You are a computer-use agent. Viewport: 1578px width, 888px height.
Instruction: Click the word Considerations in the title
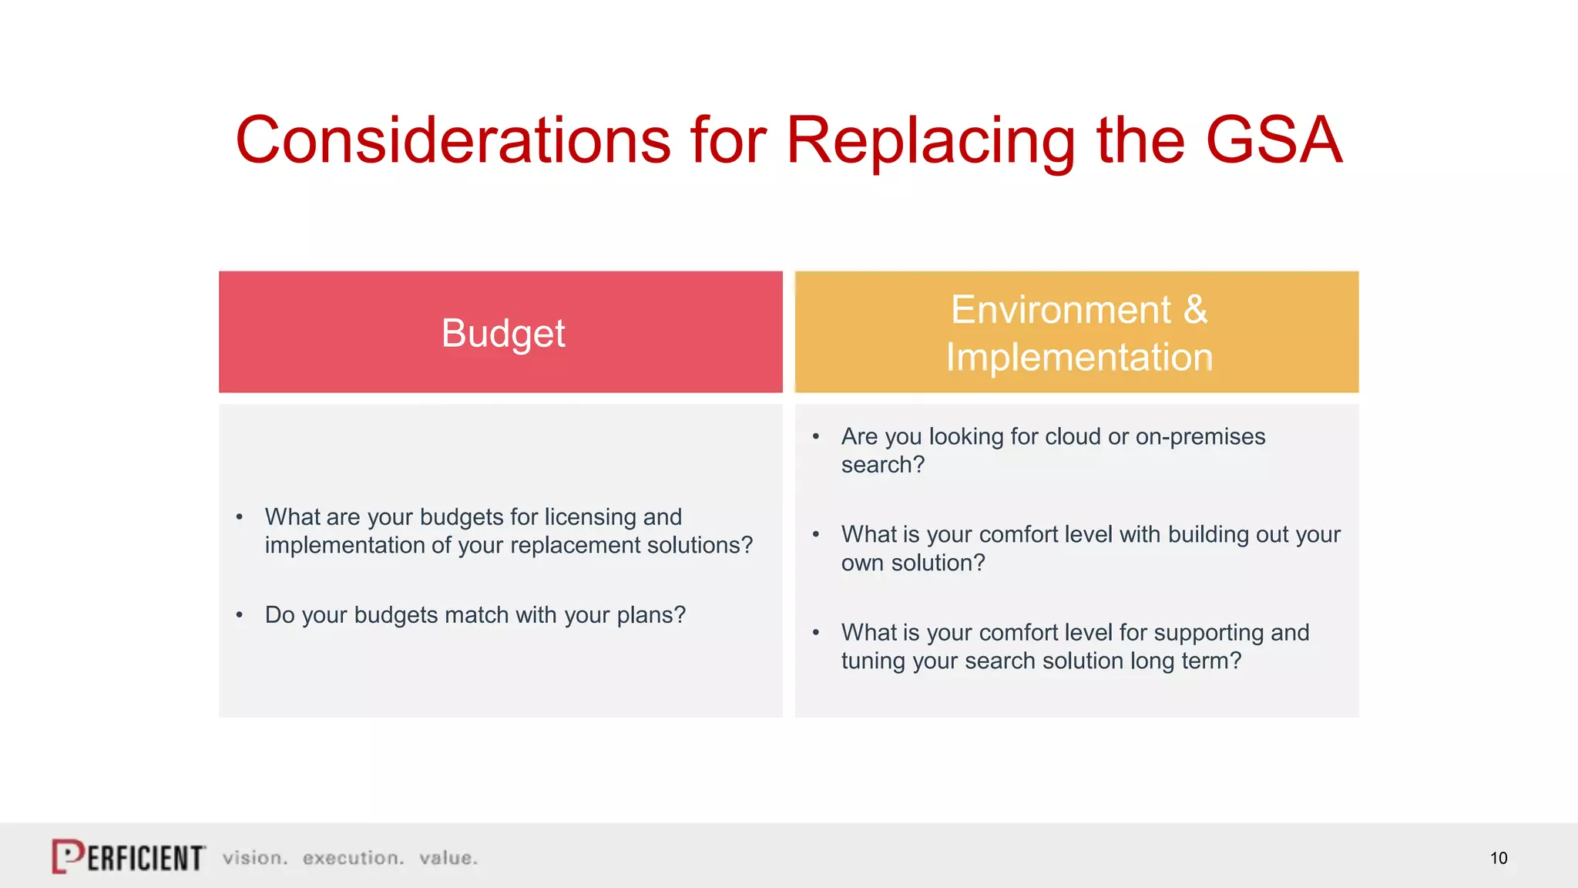pos(453,140)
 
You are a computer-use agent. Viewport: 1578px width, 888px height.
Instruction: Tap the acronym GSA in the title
pos(1274,140)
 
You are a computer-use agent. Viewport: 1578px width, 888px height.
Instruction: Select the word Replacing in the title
pos(930,142)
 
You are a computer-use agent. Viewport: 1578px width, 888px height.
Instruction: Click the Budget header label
pos(502,333)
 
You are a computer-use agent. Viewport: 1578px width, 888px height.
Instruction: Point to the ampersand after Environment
pos(1195,310)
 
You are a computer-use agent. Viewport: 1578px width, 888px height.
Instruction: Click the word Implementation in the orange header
pos(1079,358)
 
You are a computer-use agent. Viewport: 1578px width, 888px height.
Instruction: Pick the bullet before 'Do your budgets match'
pos(240,615)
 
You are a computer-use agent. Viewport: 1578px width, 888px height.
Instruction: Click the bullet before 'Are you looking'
pos(815,437)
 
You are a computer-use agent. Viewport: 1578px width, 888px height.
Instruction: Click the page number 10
pos(1498,858)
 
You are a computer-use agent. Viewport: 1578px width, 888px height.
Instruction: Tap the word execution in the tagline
pos(352,858)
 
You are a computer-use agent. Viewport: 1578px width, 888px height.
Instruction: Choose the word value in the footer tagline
pos(448,858)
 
